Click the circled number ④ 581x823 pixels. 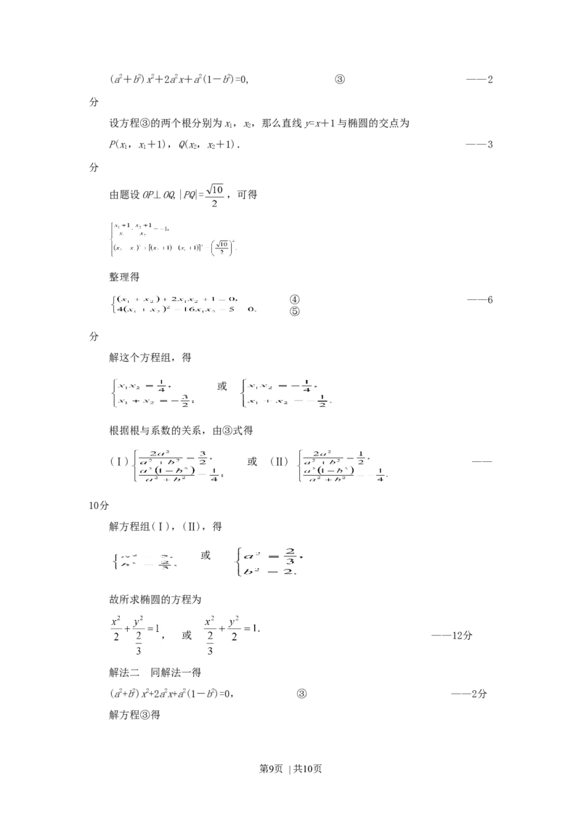pyautogui.click(x=295, y=299)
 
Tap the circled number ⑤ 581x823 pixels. pyautogui.click(x=295, y=312)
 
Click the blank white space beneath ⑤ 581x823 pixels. pyautogui.click(x=296, y=323)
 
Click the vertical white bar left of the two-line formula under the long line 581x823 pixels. pyautogui.click(x=106, y=240)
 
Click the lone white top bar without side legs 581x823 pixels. pyautogui.click(x=232, y=614)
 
